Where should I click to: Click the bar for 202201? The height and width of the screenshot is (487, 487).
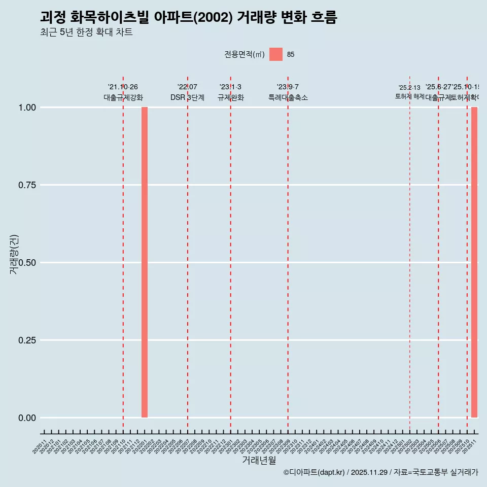pos(145,262)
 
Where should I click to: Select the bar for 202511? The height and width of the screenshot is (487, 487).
pos(474,262)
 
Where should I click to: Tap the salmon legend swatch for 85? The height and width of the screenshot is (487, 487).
pos(276,54)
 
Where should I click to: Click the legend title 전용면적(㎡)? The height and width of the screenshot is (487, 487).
pos(244,55)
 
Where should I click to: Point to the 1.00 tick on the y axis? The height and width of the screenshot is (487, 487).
pos(27,108)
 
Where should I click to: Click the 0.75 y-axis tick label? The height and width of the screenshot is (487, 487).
pos(27,185)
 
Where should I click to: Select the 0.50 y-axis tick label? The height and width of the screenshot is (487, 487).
pos(27,263)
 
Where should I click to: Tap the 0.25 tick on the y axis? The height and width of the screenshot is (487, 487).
pos(27,340)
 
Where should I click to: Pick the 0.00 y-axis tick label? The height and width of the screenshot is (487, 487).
pos(27,418)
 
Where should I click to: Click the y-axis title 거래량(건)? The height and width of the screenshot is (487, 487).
pos(14,254)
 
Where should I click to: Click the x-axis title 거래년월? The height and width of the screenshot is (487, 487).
pos(259,461)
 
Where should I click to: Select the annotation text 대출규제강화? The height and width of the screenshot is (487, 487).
pos(123,97)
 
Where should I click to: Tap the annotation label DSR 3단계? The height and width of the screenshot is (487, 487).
pos(187,97)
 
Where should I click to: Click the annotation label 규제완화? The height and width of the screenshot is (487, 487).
pos(231,97)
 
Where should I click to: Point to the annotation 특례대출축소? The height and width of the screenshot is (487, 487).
pos(288,97)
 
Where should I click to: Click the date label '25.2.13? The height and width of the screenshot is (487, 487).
pos(409,88)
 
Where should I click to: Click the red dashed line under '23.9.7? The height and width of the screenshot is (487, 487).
pos(288,254)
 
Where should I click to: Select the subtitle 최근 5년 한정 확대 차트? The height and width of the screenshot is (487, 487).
pos(86,32)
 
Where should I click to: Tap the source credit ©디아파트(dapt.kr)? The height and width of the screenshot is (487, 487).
pos(314,472)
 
